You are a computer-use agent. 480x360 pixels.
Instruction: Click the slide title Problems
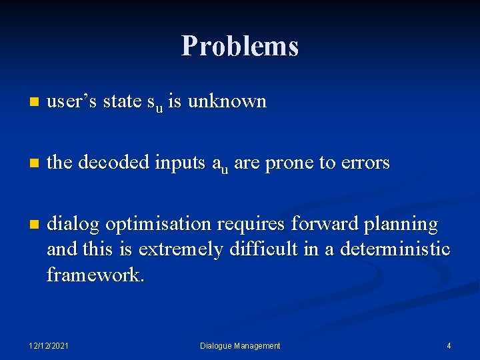click(x=240, y=46)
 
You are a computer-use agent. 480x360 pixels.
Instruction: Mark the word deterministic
click(x=395, y=249)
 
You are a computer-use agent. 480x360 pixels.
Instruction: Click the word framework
click(x=95, y=273)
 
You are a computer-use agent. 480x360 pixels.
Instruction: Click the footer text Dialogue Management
click(x=240, y=345)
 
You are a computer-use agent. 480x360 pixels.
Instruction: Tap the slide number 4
click(x=449, y=345)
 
